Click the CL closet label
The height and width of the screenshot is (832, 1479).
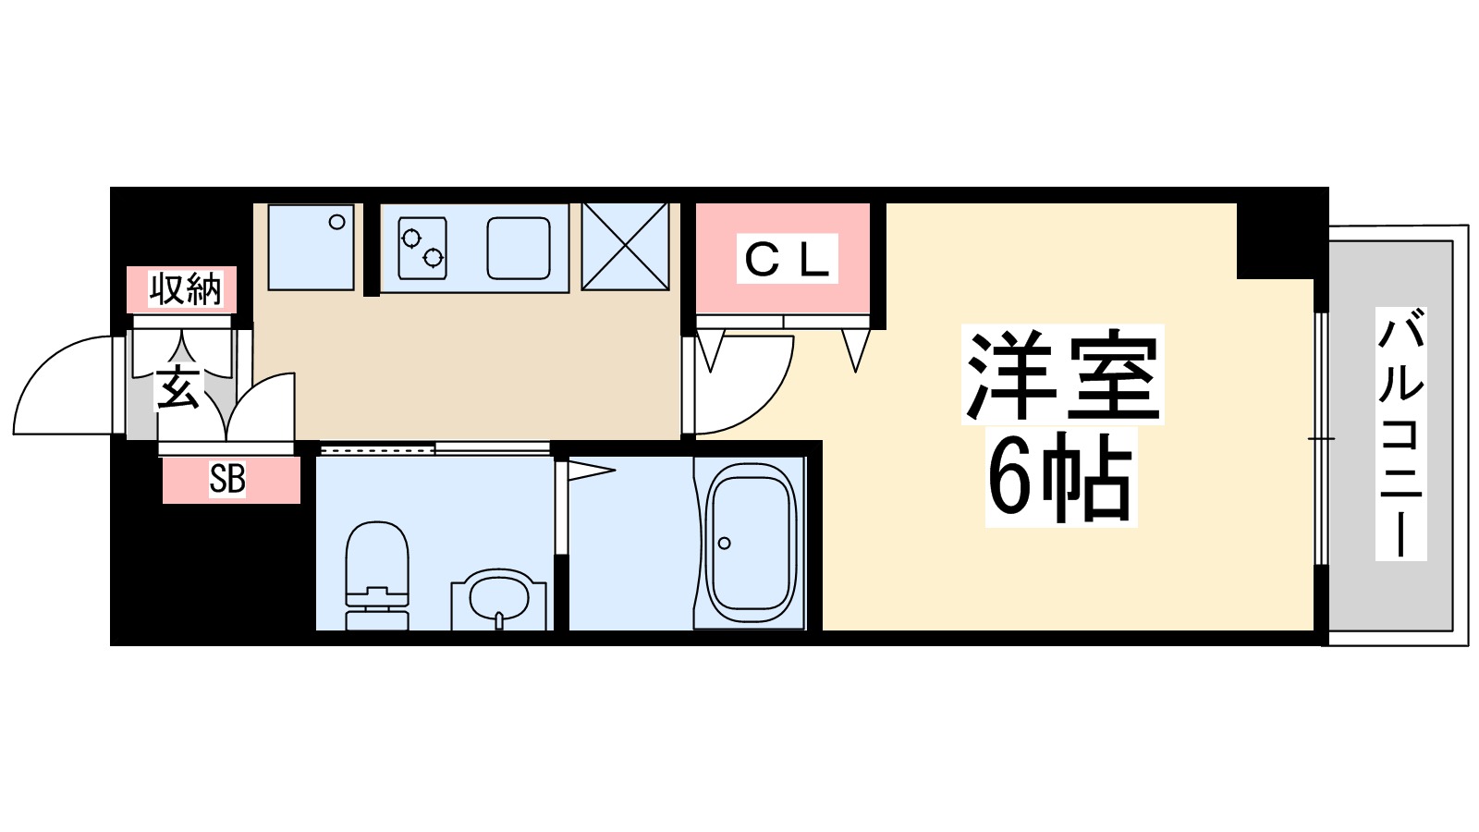pyautogui.click(x=787, y=259)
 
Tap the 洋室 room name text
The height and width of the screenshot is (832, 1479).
pyautogui.click(x=1062, y=374)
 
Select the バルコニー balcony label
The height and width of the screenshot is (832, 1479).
pyautogui.click(x=1400, y=434)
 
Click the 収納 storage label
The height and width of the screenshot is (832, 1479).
pyautogui.click(x=186, y=289)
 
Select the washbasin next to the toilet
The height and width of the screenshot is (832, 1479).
pyautogui.click(x=499, y=599)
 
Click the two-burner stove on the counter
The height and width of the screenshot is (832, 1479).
pyautogui.click(x=422, y=248)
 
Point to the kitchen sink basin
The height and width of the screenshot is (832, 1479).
pyautogui.click(x=519, y=248)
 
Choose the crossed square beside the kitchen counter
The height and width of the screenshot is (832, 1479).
pyautogui.click(x=625, y=246)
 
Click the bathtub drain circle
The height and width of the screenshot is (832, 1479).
pyautogui.click(x=725, y=543)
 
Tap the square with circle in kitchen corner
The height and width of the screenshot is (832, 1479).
pyautogui.click(x=312, y=247)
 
